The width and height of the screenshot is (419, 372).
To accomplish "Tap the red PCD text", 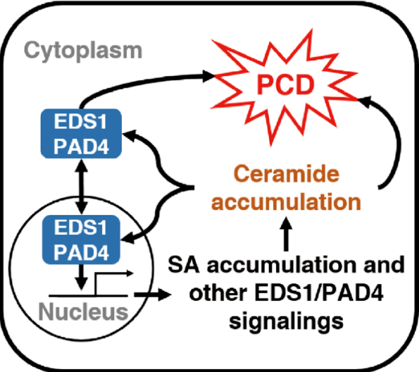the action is [x=285, y=85].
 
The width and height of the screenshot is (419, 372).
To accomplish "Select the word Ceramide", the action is [x=287, y=174].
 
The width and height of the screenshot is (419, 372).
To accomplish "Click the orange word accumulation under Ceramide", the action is [x=286, y=201].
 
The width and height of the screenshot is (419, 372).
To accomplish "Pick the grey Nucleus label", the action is [x=83, y=312].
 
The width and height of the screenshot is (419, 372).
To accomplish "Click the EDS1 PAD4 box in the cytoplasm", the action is [x=81, y=134].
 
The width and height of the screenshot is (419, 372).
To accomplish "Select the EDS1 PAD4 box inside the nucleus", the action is [x=81, y=240].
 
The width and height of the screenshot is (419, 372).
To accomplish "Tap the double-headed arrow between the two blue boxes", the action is [x=81, y=187].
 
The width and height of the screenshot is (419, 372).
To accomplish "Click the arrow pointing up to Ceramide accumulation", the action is [x=287, y=234].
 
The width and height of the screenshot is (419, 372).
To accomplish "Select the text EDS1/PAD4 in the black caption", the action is [x=319, y=293].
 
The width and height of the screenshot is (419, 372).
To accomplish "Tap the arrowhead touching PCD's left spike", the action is [x=209, y=76].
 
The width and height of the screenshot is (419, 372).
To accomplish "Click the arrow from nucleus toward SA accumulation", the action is [x=152, y=295].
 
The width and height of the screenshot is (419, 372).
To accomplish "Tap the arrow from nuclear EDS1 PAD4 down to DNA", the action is [x=81, y=278].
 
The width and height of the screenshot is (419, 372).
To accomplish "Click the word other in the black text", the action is [x=218, y=293].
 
